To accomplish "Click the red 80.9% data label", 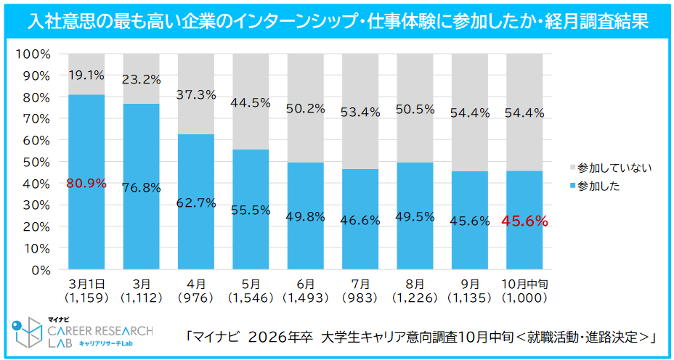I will coord(86,184).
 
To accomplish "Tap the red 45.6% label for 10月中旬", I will coord(524,221).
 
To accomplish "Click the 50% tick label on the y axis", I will coord(35,162).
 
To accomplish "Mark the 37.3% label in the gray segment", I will coord(196,94).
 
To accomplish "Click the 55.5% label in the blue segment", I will coord(251,210).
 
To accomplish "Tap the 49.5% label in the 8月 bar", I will coord(415,216).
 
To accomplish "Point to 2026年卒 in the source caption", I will coord(280,337).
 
